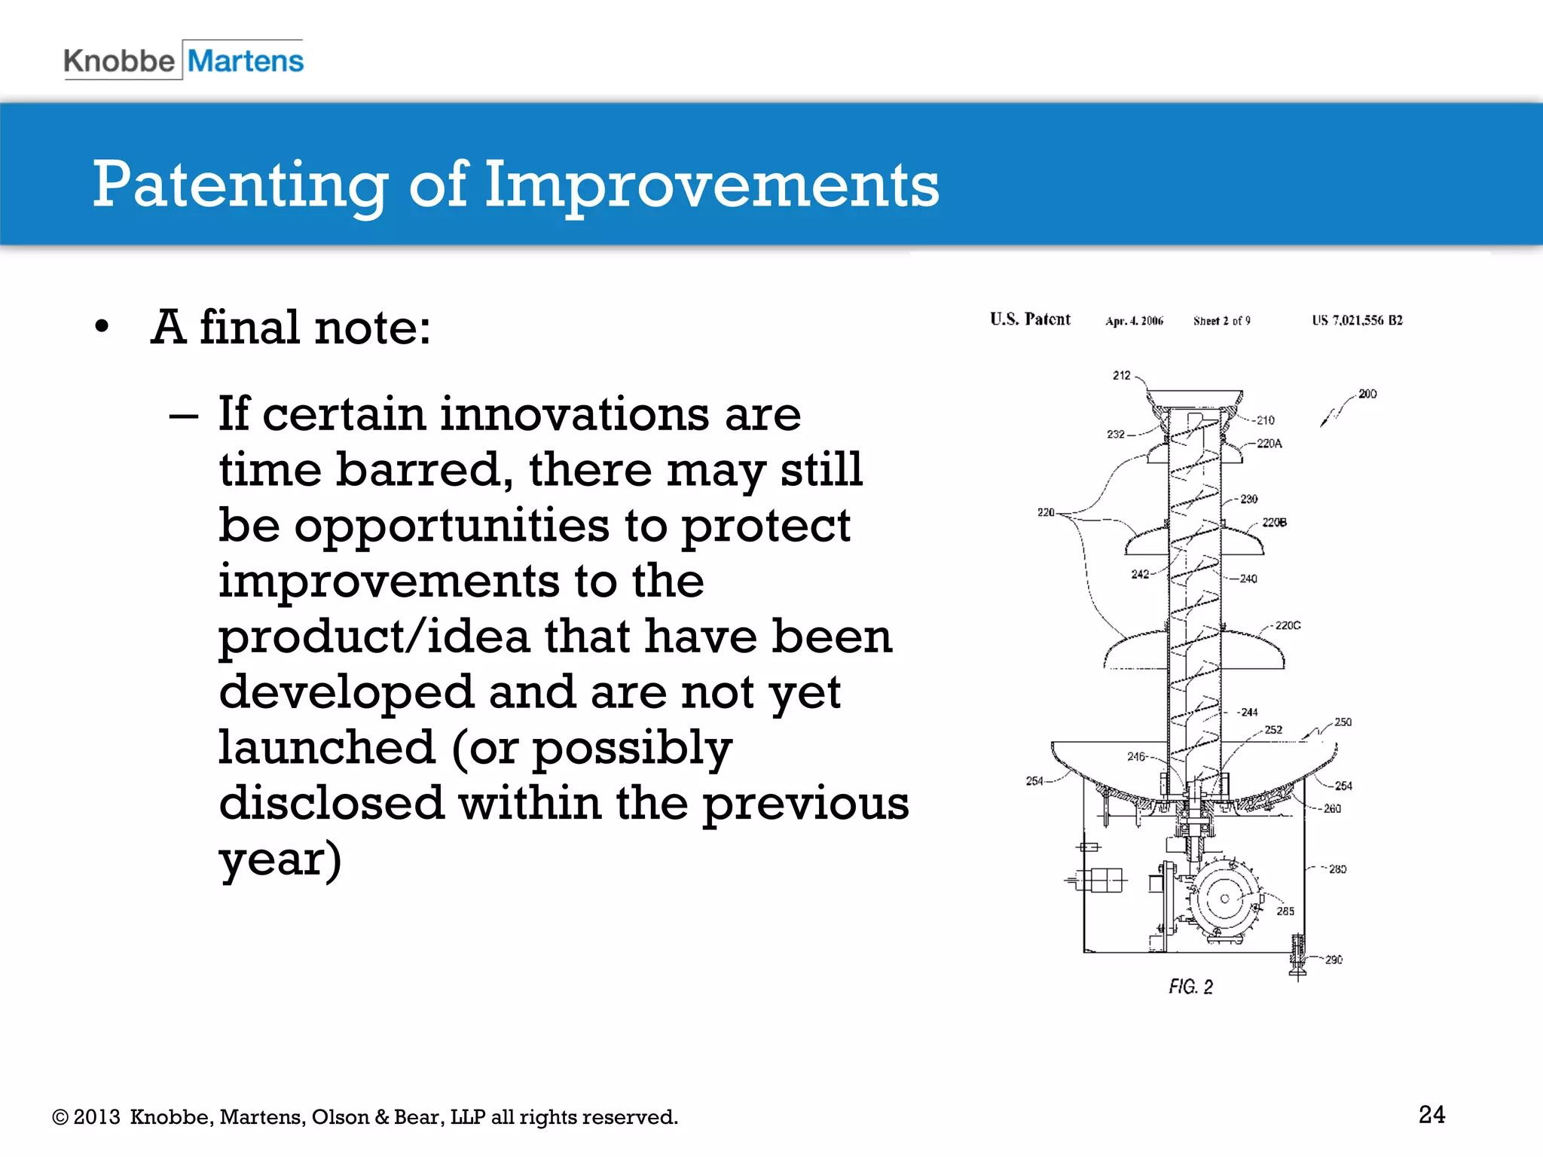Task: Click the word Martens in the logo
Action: pos(246,61)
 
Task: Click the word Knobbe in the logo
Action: pos(119,61)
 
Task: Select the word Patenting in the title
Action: pos(240,186)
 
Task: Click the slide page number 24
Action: pos(1431,1114)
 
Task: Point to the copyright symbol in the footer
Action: pos(60,1117)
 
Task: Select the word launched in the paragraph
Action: pos(327,747)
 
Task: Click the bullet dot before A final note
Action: pos(102,328)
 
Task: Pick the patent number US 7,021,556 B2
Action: pos(1357,320)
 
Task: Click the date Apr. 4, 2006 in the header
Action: pos(1134,321)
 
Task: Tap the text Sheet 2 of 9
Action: pos(1221,321)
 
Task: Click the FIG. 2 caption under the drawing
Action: pos(1190,987)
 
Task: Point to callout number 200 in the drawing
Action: pos(1367,394)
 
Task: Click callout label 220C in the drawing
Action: pos(1288,625)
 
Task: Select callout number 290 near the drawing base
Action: pos(1334,960)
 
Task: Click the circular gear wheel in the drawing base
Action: pos(1224,898)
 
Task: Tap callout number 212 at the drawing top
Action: pos(1121,375)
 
